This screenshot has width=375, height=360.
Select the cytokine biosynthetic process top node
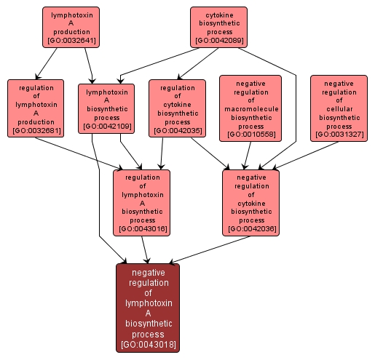218,27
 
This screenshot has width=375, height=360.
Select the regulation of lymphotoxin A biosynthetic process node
142,202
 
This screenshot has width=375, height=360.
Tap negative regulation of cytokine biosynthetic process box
251,202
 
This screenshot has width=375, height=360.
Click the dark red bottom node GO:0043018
148,307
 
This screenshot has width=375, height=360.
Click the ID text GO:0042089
218,41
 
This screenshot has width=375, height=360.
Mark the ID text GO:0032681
36,131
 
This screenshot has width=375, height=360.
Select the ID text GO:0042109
107,127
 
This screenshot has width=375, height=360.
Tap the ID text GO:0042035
177,131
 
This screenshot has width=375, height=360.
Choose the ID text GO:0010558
250,135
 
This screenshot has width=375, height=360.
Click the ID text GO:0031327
339,135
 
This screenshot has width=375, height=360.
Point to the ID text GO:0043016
142,229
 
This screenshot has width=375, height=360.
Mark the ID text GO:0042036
251,229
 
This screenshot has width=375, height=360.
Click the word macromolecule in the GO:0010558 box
250,108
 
